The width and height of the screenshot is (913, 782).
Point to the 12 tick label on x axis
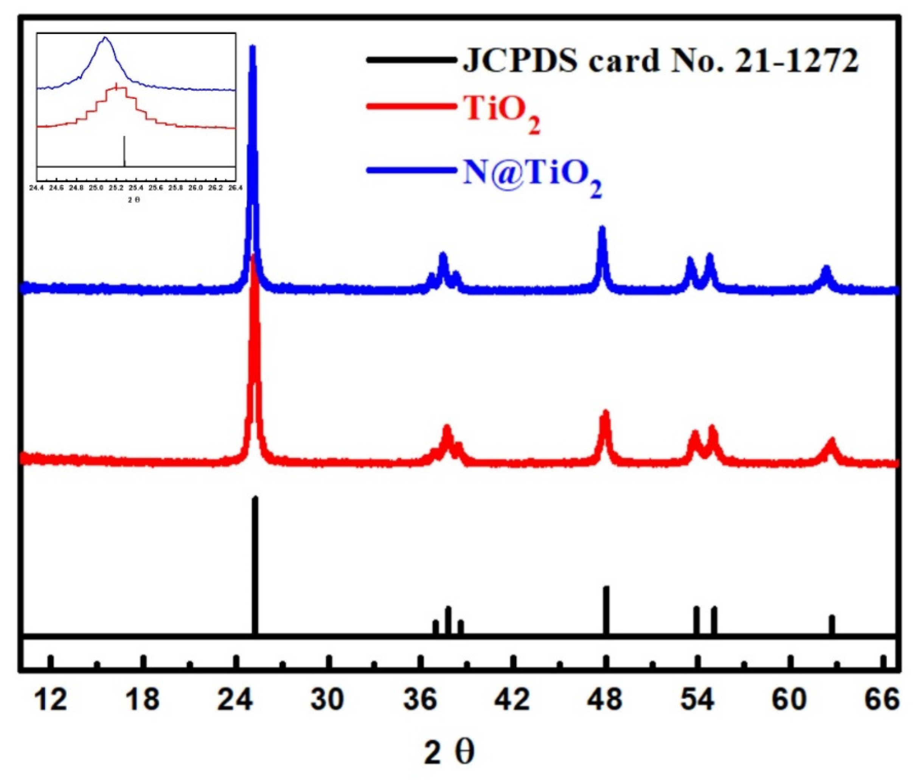point(51,700)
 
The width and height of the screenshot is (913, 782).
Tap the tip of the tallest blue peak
point(253,48)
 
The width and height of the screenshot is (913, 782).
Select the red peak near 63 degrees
point(831,441)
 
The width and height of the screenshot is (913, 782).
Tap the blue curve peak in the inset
point(105,38)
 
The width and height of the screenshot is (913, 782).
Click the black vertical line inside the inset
point(125,151)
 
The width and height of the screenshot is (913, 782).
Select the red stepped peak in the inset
point(116,87)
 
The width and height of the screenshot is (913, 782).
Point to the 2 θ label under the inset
point(134,200)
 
